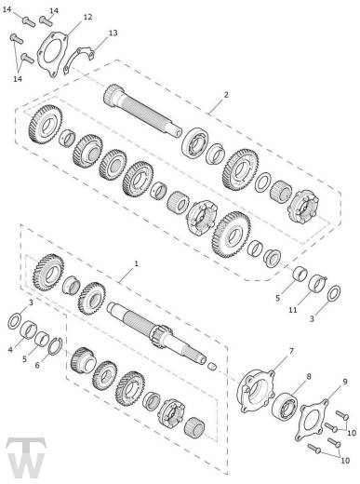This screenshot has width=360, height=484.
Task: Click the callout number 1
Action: [136, 263]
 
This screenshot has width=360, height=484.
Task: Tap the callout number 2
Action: [226, 95]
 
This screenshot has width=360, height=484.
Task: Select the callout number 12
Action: [88, 17]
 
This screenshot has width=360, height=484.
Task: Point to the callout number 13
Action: [113, 33]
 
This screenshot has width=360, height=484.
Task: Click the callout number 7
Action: [291, 351]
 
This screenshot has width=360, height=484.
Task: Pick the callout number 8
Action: [309, 376]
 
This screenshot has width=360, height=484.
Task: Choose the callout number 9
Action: [345, 382]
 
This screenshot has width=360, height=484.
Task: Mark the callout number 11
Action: [293, 310]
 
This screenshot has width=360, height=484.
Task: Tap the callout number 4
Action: [10, 350]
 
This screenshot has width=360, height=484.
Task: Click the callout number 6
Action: [37, 366]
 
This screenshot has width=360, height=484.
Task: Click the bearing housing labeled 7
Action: [257, 390]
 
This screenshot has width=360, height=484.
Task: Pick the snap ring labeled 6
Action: [56, 345]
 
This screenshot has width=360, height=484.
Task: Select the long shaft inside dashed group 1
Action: [157, 333]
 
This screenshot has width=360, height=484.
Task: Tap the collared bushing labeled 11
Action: [317, 283]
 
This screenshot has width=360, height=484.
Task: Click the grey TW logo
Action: [26, 458]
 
